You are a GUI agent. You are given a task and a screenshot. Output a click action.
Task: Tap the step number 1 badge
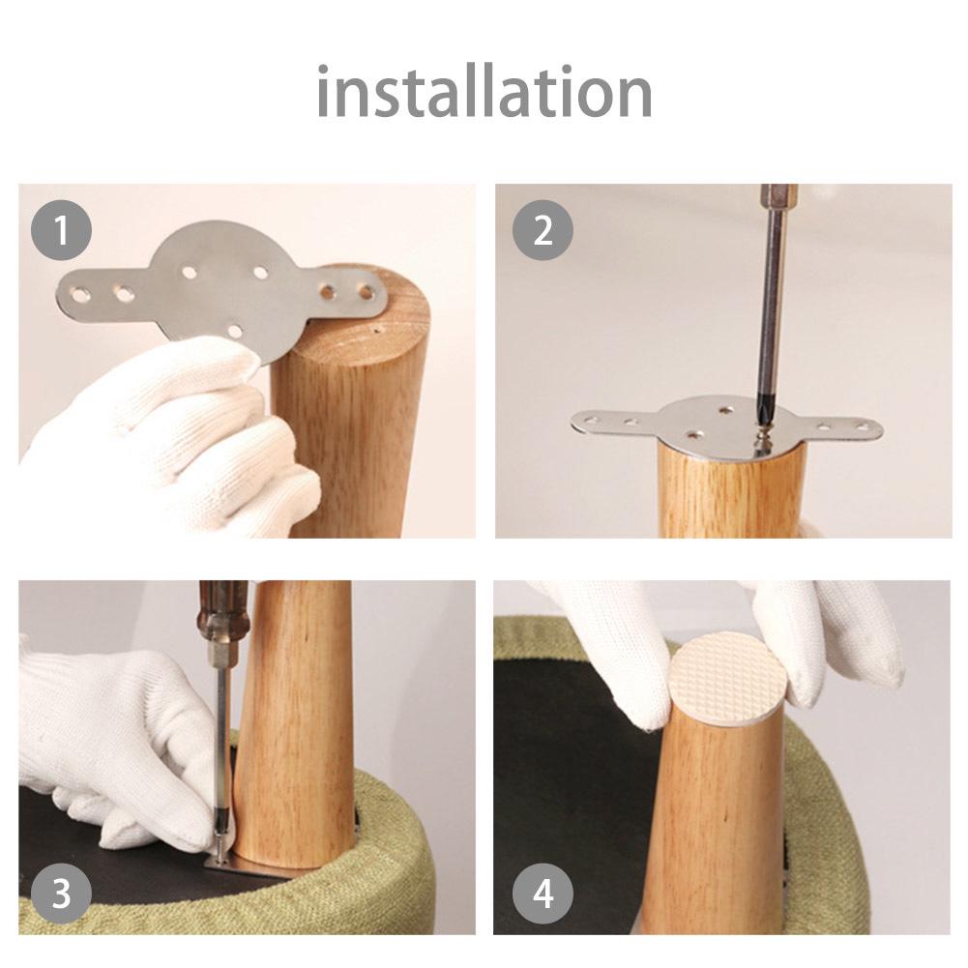[x=61, y=232]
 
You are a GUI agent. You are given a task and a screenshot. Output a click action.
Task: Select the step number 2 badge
[x=543, y=232]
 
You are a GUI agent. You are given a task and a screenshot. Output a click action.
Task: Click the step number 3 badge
[x=61, y=893]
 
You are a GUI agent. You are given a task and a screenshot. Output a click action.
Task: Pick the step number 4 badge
[x=543, y=893]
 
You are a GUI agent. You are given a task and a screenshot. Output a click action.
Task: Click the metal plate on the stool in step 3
[x=251, y=872]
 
